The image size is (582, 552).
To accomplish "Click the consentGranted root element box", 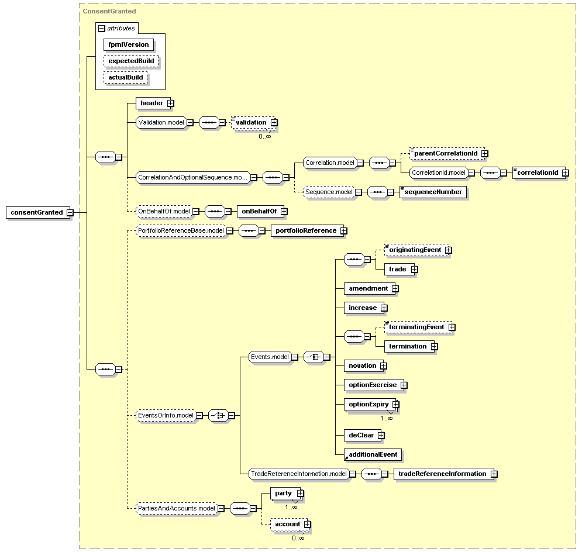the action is click(x=38, y=213).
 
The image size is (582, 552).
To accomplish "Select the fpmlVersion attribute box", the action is click(x=129, y=44).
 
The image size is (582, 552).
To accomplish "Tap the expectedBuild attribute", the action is click(x=131, y=61).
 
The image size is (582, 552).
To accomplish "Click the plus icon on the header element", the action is click(x=170, y=103).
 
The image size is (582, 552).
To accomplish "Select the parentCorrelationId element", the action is click(x=447, y=153).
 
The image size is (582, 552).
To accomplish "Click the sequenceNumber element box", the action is click(x=433, y=192).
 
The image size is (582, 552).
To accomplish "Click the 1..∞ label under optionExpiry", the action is click(x=387, y=419).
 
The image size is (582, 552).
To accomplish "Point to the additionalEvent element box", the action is click(x=373, y=455).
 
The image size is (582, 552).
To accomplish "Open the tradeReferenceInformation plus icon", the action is click(x=494, y=474).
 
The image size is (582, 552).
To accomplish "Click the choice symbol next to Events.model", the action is click(x=314, y=357).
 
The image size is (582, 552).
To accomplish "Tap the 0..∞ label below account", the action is click(x=298, y=539).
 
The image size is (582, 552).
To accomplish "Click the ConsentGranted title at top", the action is click(x=109, y=11).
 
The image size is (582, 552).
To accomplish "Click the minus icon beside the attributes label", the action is click(x=102, y=28).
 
